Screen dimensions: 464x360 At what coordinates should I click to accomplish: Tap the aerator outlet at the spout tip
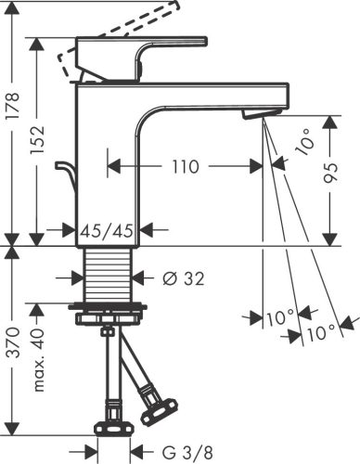[x=259, y=113]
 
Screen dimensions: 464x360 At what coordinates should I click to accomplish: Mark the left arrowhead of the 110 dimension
[x=112, y=167]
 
